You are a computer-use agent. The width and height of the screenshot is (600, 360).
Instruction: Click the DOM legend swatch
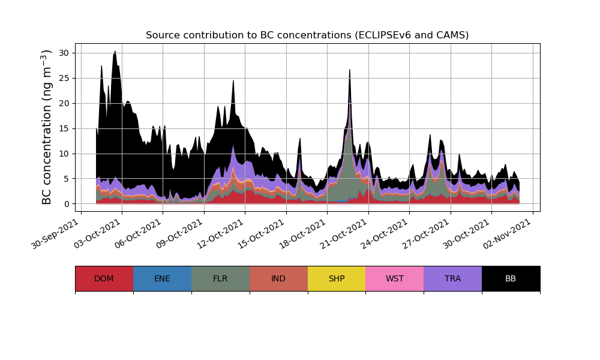(x=104, y=278)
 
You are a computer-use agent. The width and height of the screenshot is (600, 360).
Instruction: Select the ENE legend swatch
(x=162, y=278)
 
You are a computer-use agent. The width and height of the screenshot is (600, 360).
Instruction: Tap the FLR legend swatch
(x=220, y=278)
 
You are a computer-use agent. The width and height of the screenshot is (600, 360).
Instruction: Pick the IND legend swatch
(x=278, y=278)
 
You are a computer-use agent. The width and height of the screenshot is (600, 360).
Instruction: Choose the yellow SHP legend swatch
(x=337, y=278)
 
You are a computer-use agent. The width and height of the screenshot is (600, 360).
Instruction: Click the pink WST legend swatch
(x=395, y=278)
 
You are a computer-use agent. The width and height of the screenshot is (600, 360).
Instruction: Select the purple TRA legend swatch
(x=453, y=278)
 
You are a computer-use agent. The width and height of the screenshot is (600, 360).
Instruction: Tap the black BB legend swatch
(x=511, y=278)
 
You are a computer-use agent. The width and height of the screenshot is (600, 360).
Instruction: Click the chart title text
(x=307, y=35)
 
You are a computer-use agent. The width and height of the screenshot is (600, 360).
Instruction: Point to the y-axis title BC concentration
(x=47, y=127)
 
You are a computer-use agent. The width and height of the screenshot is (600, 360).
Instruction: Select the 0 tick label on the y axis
(x=67, y=204)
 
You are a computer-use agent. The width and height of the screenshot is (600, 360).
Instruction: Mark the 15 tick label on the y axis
(x=64, y=128)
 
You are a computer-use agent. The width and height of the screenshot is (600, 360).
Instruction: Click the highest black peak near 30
(x=115, y=52)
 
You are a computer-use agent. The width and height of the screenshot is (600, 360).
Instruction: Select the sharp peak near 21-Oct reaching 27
(x=350, y=70)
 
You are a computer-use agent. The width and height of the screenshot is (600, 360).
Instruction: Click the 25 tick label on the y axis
(x=64, y=78)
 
